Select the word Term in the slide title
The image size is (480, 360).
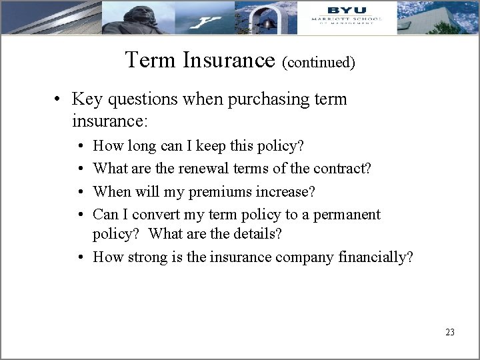pyautogui.click(x=151, y=61)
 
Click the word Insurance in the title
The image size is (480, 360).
pyautogui.click(x=230, y=61)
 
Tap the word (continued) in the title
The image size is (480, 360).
pyautogui.click(x=319, y=63)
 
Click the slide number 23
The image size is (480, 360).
pyautogui.click(x=449, y=331)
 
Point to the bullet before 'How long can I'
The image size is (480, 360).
pyautogui.click(x=80, y=146)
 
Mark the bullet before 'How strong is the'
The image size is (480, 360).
pyautogui.click(x=80, y=257)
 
